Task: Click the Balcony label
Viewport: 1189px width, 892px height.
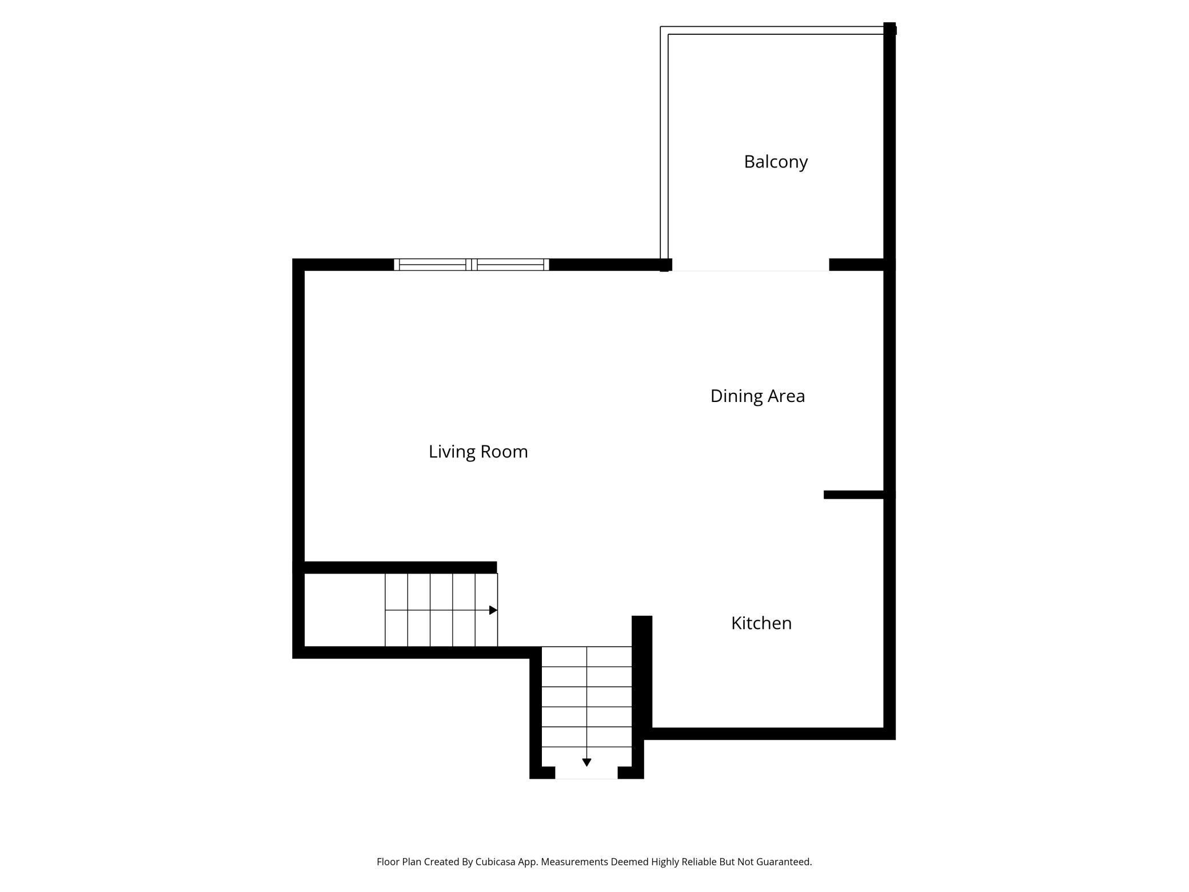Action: pyautogui.click(x=776, y=162)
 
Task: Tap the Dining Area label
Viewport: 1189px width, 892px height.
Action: pyautogui.click(x=757, y=396)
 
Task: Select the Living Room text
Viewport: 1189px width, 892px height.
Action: pyautogui.click(x=478, y=452)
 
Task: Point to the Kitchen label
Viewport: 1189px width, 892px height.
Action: pyautogui.click(x=761, y=623)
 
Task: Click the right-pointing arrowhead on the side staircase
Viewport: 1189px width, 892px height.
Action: pyautogui.click(x=493, y=610)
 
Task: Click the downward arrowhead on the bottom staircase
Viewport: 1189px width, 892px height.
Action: pyautogui.click(x=586, y=762)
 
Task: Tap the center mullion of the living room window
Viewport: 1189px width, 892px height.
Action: pyautogui.click(x=472, y=264)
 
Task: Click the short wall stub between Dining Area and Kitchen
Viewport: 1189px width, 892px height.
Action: pyautogui.click(x=854, y=495)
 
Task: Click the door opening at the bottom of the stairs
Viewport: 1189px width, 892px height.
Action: pyautogui.click(x=586, y=773)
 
